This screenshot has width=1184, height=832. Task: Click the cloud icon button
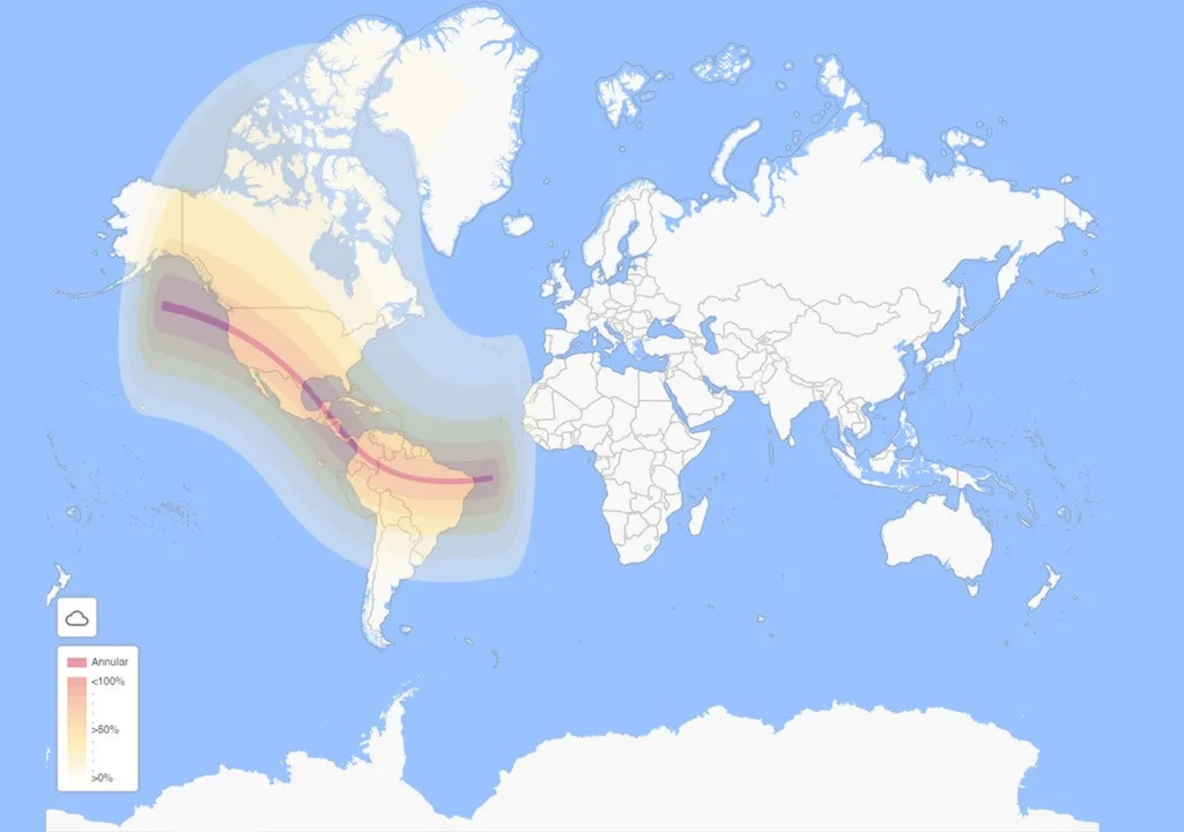pos(77,617)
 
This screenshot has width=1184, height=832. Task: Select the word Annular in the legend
pos(109,662)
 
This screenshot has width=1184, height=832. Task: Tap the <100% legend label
pos(108,681)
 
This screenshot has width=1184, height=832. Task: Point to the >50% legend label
pos(105,730)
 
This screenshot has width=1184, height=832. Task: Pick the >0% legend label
pos(102,778)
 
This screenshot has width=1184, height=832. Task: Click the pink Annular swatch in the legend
pos(76,662)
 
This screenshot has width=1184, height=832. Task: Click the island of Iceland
pos(517,224)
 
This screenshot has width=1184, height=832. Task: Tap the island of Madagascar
pos(699,516)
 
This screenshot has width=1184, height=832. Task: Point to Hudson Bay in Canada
pos(334,256)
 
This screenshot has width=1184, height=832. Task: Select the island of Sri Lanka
pos(791,439)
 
